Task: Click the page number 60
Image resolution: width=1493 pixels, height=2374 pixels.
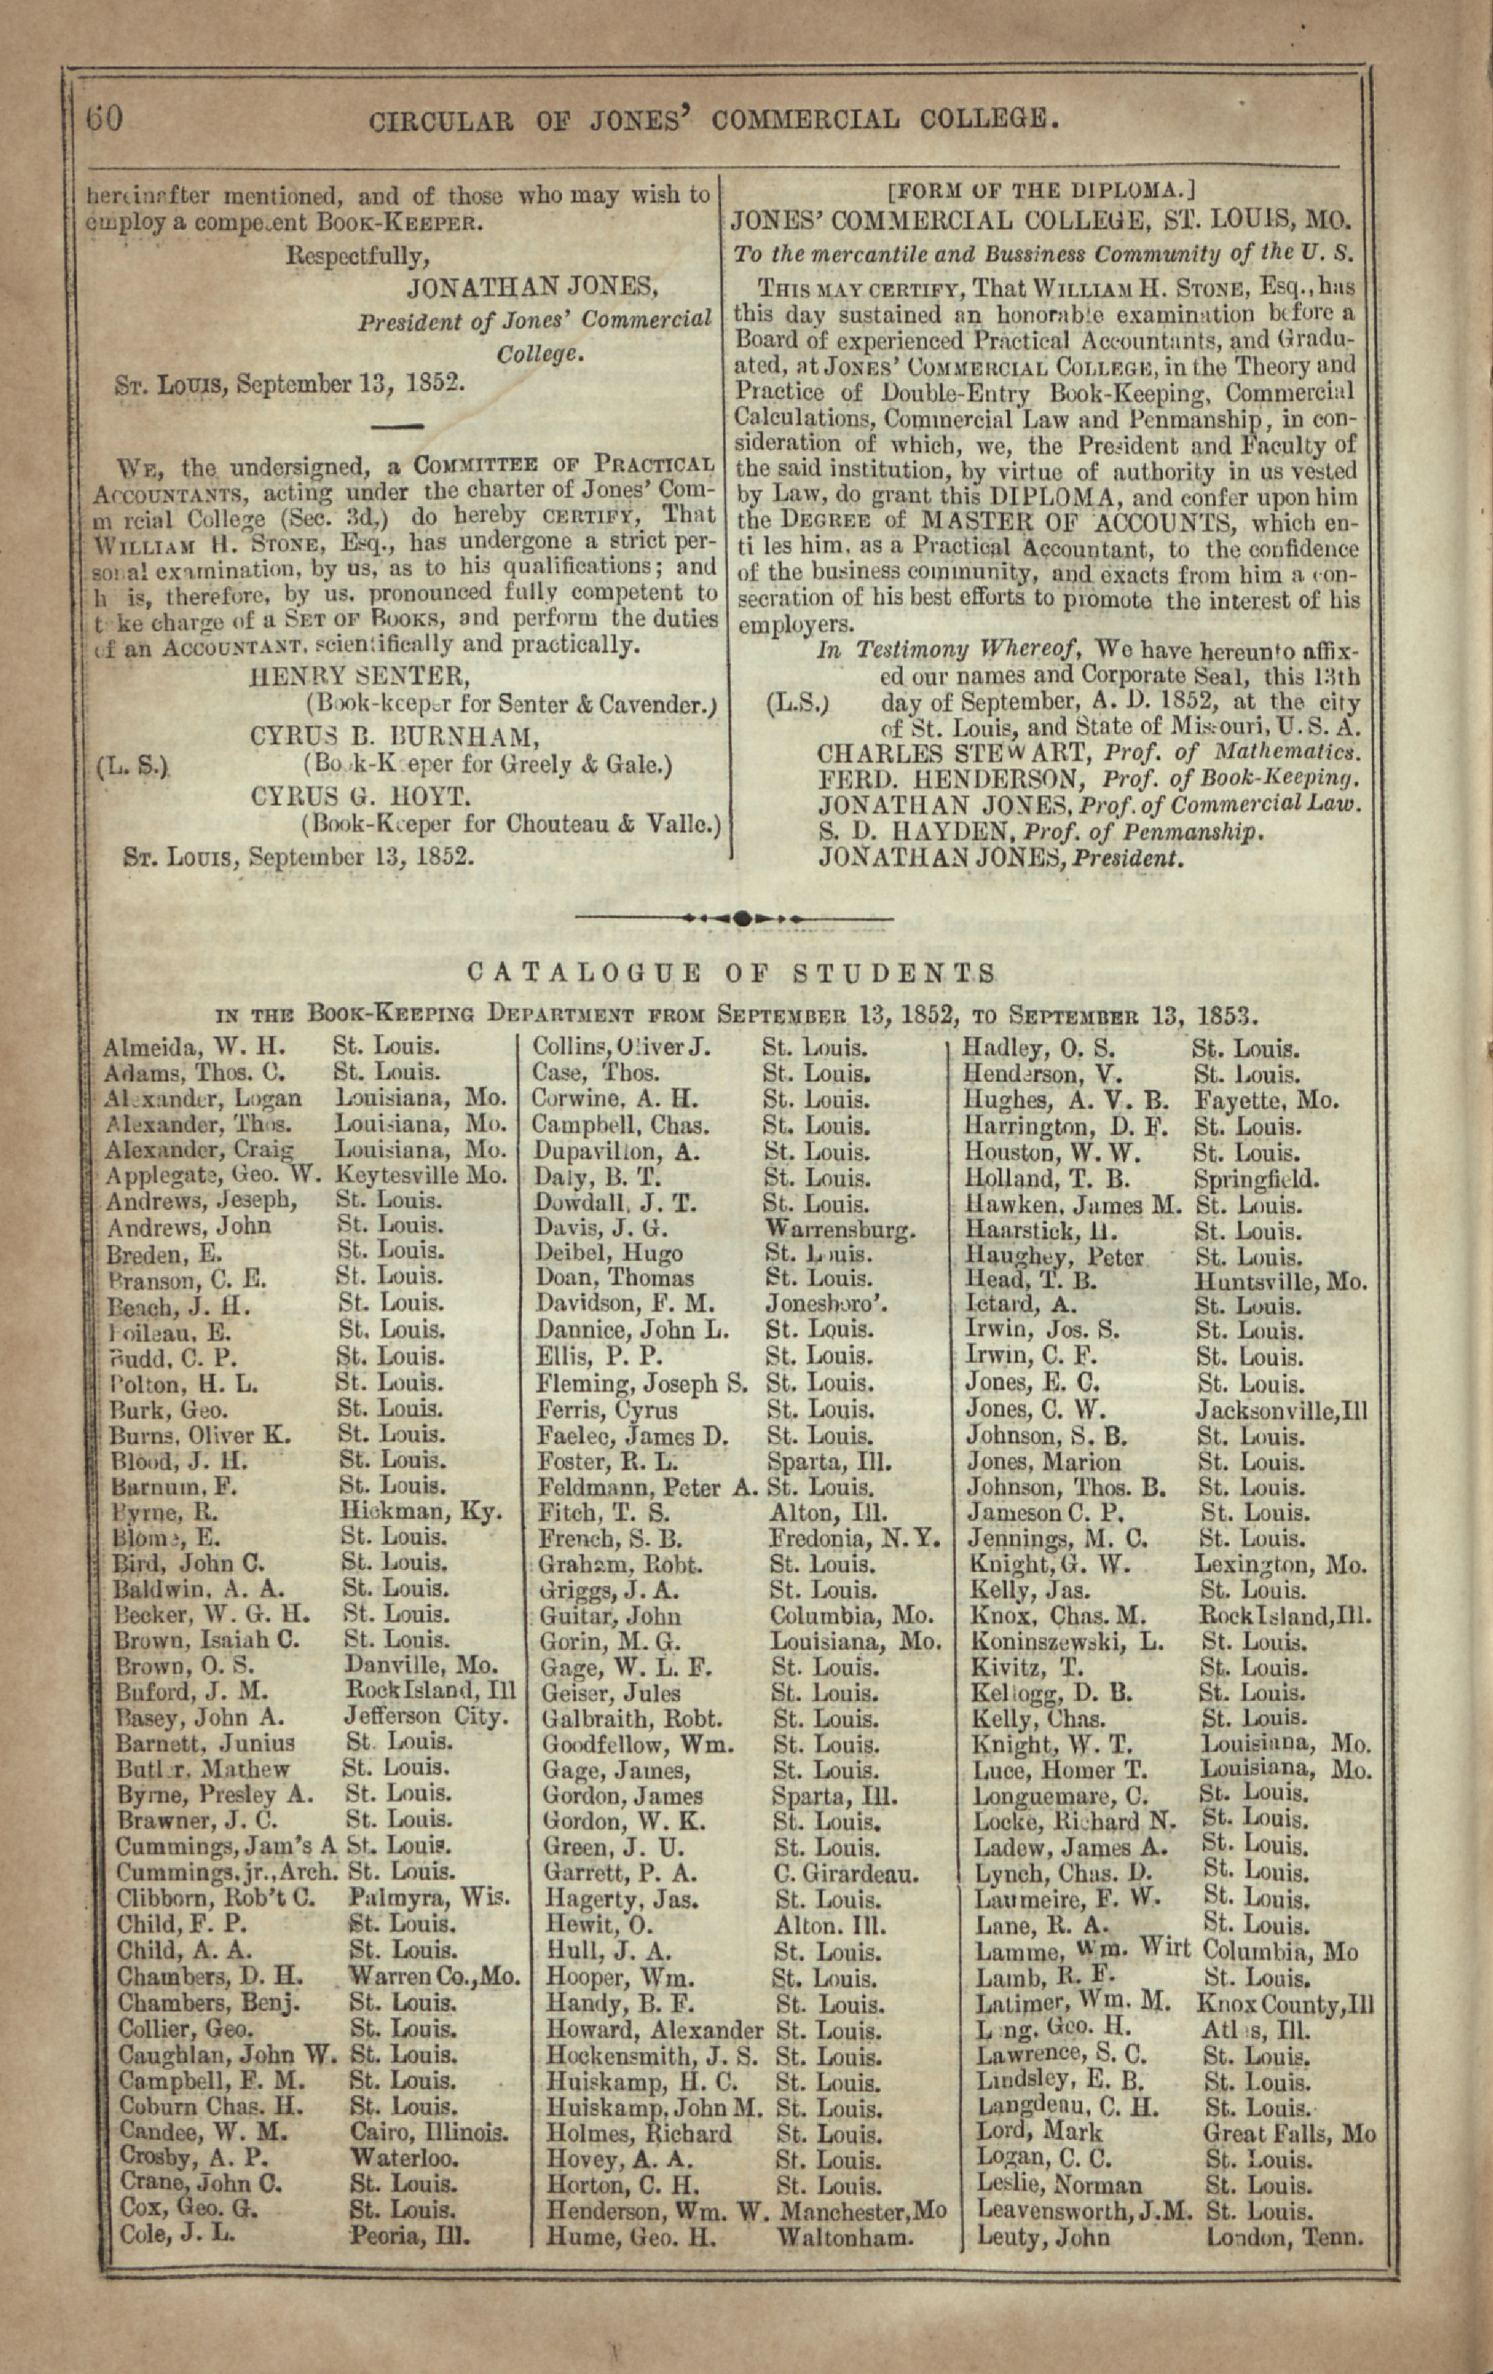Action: click(104, 119)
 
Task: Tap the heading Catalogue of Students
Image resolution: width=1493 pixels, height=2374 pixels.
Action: click(730, 974)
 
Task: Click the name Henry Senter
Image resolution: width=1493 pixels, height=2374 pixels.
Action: click(359, 677)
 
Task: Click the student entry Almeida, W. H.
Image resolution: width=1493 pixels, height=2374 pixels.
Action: click(194, 1047)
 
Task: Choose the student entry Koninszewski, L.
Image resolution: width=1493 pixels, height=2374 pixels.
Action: click(1067, 1641)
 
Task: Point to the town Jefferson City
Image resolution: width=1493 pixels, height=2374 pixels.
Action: click(427, 1716)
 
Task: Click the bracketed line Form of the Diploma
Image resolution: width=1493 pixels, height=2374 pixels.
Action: click(1041, 190)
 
